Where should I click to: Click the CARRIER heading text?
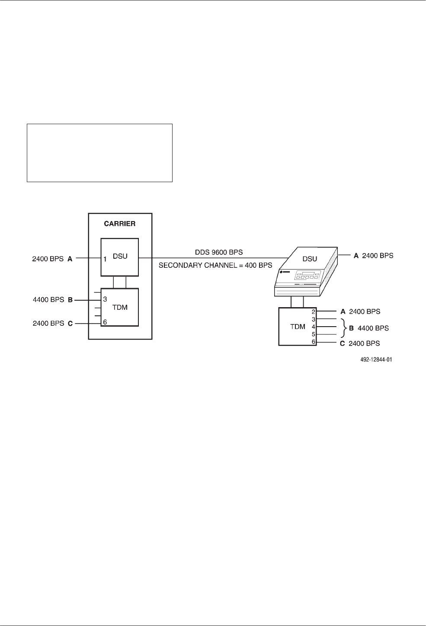tap(120, 224)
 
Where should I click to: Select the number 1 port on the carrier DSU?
tap(105, 259)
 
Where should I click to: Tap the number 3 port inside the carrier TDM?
tap(105, 299)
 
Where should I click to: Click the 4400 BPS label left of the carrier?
tap(48, 299)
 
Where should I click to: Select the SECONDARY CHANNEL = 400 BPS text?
tap(215, 265)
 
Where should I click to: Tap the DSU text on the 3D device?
tap(310, 259)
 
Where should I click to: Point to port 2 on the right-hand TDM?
tap(314, 311)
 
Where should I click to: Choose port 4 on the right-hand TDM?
tap(314, 327)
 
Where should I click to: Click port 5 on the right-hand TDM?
tap(314, 334)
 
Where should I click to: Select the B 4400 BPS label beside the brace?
tap(369, 328)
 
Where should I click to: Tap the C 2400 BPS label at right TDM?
tap(364, 343)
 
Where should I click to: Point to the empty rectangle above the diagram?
tap(99, 153)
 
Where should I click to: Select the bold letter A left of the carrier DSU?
tap(70, 259)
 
